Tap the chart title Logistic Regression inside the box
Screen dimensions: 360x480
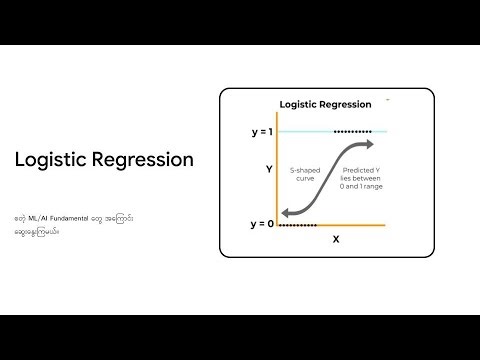click(x=325, y=103)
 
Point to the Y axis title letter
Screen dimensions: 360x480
click(x=269, y=170)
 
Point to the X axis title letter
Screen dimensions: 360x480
click(x=335, y=240)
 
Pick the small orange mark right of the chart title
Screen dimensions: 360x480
click(x=388, y=100)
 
